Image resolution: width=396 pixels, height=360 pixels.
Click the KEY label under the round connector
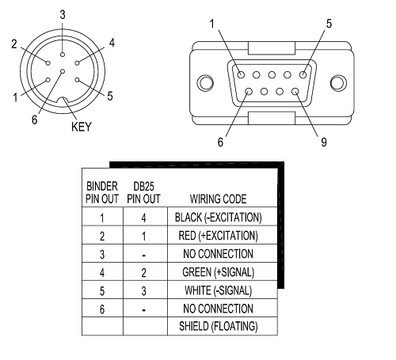point(82,127)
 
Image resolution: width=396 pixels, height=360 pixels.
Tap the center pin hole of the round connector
point(63,71)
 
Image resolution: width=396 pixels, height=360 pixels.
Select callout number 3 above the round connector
point(63,15)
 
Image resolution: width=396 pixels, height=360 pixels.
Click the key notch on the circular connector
point(63,100)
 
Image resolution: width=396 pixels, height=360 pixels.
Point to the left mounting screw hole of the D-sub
point(205,83)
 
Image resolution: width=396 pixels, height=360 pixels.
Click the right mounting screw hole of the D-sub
point(338,83)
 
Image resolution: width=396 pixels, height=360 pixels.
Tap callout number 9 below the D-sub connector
point(324,142)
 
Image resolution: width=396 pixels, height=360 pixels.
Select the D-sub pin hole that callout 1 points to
point(241,74)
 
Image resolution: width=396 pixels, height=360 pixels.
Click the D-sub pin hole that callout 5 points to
point(303,74)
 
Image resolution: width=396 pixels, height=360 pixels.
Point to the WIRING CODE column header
point(219,199)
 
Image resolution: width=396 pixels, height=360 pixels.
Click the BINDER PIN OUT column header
point(102,192)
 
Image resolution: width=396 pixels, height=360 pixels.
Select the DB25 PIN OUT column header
point(143,192)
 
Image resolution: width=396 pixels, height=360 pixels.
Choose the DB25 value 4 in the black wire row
point(143,218)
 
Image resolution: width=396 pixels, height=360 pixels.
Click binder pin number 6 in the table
point(102,309)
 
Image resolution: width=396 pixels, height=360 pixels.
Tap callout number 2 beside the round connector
point(14,44)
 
